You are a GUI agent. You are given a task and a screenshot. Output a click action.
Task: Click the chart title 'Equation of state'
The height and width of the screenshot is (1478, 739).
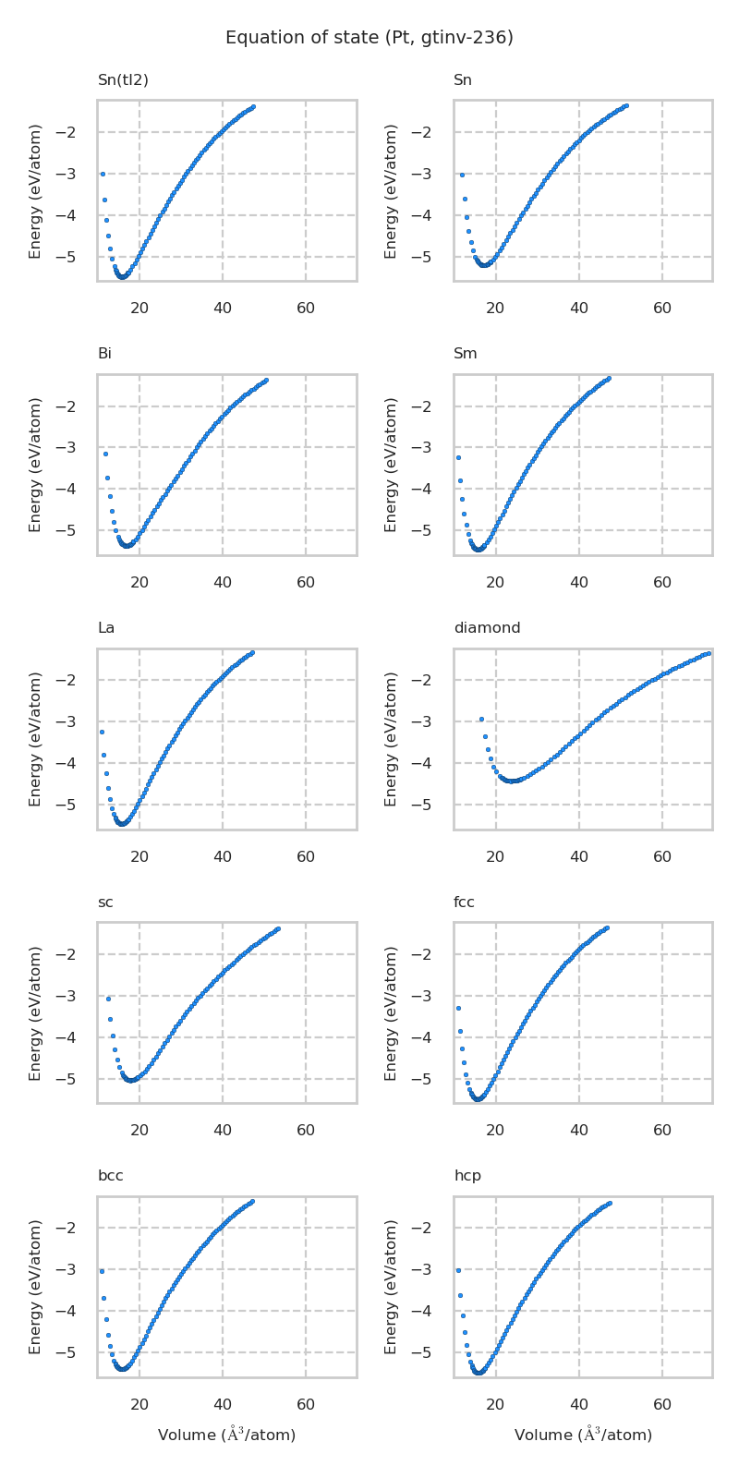point(369,38)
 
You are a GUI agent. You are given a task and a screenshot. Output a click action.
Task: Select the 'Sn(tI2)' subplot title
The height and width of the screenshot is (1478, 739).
point(123,80)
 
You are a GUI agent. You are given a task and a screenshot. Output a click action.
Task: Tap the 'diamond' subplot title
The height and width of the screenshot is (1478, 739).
point(487,628)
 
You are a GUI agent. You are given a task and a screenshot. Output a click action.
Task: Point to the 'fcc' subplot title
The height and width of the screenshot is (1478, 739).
point(464,903)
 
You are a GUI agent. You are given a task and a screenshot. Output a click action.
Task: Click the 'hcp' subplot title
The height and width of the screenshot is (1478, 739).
point(466,1176)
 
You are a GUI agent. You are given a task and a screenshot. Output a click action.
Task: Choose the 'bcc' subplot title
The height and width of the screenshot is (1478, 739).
point(110,1176)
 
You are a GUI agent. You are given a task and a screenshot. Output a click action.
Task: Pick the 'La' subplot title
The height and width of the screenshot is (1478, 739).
point(106,628)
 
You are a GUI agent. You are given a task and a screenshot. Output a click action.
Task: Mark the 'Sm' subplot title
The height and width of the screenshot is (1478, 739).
point(466,354)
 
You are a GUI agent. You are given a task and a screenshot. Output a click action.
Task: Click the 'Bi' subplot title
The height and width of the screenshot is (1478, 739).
point(104,354)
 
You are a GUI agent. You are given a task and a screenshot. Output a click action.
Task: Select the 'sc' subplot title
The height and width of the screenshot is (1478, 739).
point(105,903)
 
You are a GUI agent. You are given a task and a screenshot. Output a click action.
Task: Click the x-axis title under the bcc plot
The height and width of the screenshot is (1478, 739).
point(226,1435)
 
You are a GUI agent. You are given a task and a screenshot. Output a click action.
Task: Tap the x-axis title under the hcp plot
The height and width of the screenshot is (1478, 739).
point(583,1435)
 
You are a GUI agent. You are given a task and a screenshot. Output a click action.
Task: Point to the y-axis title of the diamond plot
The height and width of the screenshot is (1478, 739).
point(392,739)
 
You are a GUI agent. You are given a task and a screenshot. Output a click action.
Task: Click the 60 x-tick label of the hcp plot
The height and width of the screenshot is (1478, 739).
point(662,1405)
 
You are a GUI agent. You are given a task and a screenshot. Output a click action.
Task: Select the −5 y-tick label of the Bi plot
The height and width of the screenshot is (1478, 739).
point(78,530)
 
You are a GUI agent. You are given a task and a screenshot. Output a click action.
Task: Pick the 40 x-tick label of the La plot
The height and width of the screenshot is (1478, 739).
point(223,857)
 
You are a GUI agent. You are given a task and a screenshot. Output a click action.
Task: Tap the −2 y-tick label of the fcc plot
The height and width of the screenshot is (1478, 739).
point(434,954)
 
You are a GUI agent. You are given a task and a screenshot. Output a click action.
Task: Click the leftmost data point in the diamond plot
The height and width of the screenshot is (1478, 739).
point(481,719)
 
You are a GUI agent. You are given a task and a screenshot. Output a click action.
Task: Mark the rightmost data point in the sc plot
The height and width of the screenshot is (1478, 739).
point(278,928)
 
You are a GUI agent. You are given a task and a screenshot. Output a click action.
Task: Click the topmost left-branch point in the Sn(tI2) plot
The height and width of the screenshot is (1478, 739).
point(103,174)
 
